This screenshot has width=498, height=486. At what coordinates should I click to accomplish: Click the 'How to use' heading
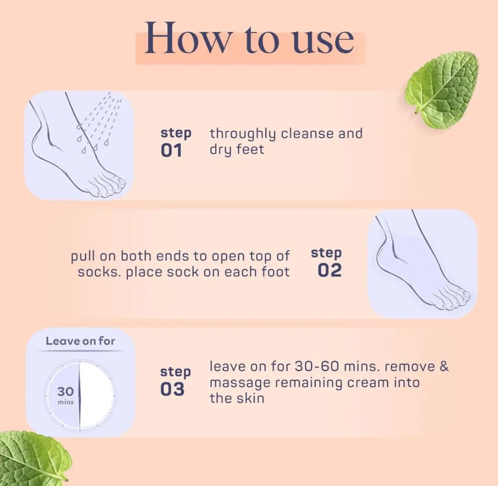[x=249, y=38]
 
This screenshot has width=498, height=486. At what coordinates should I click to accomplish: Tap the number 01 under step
[x=172, y=151]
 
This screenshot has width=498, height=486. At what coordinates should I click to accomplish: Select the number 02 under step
[x=330, y=270]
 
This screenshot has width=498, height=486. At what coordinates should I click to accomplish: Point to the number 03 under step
[x=172, y=389]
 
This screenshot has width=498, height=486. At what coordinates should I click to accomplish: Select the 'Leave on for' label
[x=80, y=341]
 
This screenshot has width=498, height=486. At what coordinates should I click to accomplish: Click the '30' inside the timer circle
[x=66, y=392]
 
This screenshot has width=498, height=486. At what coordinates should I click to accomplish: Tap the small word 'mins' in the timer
[x=66, y=402]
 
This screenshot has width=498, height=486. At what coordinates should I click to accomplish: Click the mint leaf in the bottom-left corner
[x=30, y=457]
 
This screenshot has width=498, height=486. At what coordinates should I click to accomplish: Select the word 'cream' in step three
[x=367, y=383]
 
